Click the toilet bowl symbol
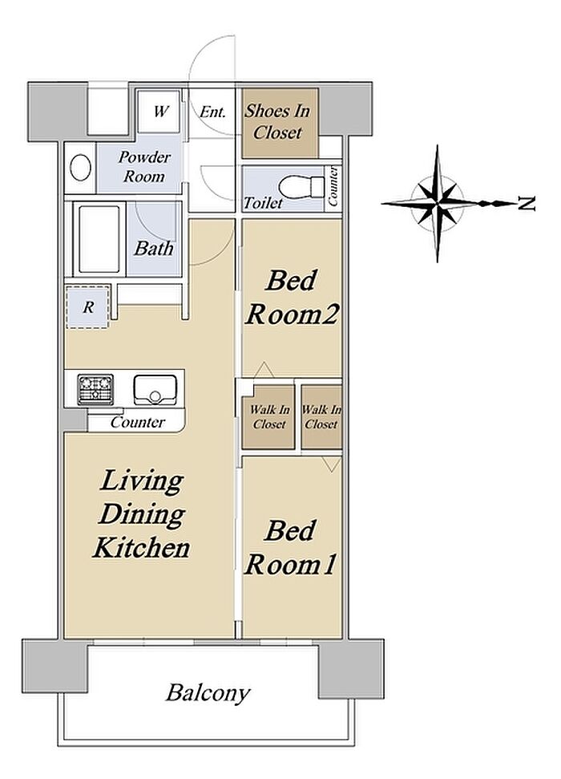coord(295,187)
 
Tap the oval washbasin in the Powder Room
coord(80,168)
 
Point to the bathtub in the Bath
coord(99,238)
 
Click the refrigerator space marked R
coord(88,306)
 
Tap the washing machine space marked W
coord(159,112)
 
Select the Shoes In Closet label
coord(277,121)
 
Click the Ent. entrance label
coord(212,112)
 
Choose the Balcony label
coord(208,692)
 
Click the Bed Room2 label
coord(292,298)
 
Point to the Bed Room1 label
coord(290,548)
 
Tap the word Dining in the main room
coord(142,515)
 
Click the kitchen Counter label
coord(138,422)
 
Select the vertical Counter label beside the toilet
coord(333,187)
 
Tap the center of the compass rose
coord(438,203)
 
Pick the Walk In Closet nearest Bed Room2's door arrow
coord(269,417)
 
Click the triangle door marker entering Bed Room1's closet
coord(331,465)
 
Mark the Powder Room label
coord(144,167)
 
